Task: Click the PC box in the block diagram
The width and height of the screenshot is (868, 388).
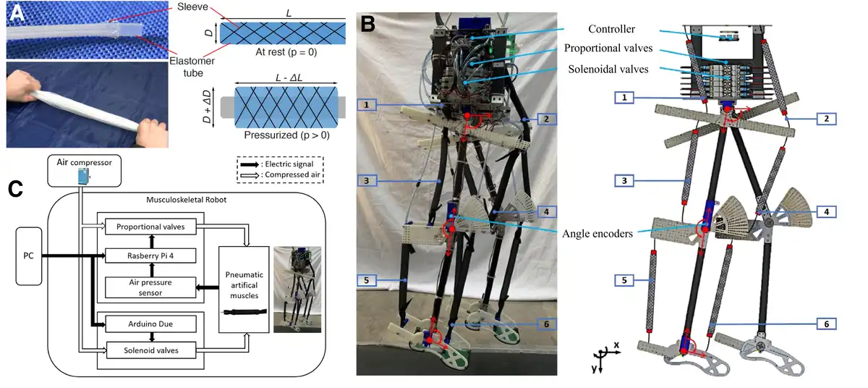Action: (29, 256)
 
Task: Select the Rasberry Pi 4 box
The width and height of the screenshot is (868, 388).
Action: (150, 256)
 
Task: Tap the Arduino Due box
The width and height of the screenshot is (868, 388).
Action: (150, 324)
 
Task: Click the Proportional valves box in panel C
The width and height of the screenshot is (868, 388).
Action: (150, 227)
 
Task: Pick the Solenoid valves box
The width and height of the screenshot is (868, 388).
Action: (150, 350)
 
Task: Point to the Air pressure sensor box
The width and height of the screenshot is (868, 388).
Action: (150, 287)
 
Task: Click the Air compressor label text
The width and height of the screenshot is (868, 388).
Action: (84, 162)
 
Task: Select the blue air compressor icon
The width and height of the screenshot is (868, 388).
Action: (83, 177)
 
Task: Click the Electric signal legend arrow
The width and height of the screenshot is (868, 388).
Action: (250, 164)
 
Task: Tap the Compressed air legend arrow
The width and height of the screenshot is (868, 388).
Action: (250, 175)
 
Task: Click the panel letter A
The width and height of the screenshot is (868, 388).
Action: (17, 13)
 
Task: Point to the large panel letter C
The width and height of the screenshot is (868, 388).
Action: (15, 189)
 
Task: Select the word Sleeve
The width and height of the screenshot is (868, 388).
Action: (192, 7)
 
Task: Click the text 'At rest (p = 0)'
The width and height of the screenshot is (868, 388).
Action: (286, 52)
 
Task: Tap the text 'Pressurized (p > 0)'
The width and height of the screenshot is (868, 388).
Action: (286, 135)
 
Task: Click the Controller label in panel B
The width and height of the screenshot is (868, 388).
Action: (611, 29)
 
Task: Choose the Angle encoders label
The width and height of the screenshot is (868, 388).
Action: (597, 234)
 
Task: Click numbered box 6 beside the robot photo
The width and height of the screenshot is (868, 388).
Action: (546, 324)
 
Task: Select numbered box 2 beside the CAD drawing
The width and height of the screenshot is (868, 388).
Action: (826, 119)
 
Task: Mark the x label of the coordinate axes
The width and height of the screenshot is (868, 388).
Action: (616, 345)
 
